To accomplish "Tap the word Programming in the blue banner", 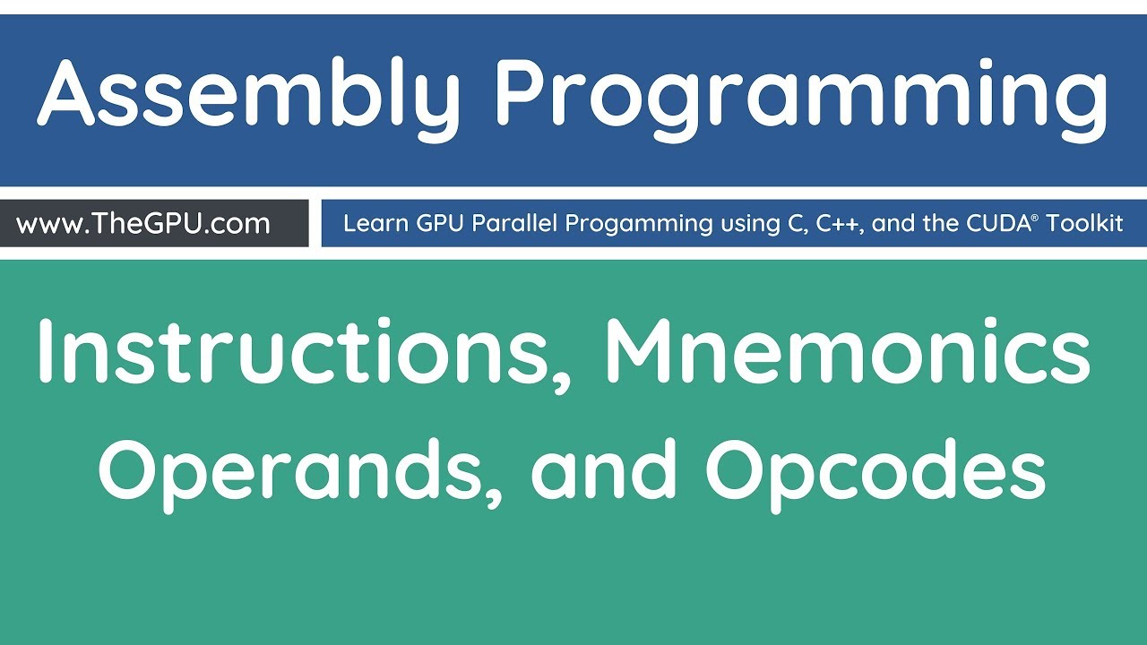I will [x=802, y=94].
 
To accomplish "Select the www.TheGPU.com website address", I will [x=143, y=223].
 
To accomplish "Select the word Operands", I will [x=296, y=470].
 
